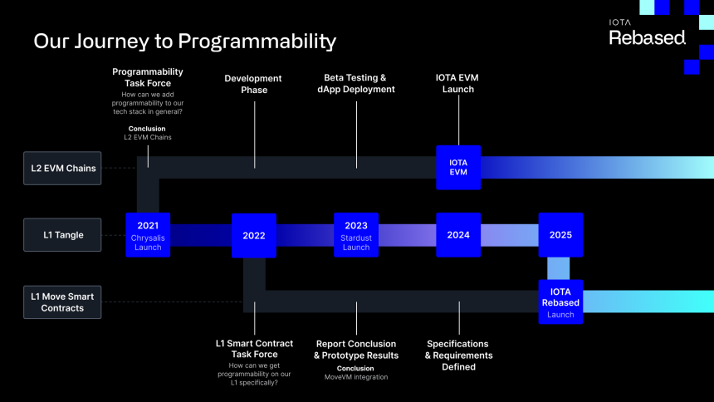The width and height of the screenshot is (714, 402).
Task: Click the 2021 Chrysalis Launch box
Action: (148, 235)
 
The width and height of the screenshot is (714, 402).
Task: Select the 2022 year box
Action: (254, 235)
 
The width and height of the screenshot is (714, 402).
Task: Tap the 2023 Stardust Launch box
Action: (356, 235)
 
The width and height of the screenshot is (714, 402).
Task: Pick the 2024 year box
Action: (458, 235)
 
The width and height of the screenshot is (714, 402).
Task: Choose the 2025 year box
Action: (560, 235)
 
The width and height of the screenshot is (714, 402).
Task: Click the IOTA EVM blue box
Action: (458, 167)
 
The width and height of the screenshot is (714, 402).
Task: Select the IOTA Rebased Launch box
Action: (560, 302)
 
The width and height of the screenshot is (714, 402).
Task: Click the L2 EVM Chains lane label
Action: (62, 169)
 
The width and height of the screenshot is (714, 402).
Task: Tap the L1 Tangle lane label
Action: (62, 235)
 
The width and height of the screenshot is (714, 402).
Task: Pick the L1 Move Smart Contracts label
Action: (62, 302)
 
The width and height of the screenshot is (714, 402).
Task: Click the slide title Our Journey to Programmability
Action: (184, 41)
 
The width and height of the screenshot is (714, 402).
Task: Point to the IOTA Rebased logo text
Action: (647, 34)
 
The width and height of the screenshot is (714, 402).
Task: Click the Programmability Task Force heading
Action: (148, 77)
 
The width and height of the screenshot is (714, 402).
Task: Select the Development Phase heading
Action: (253, 84)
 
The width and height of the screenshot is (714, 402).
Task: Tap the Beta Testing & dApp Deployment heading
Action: (356, 84)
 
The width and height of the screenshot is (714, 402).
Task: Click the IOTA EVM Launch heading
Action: (458, 84)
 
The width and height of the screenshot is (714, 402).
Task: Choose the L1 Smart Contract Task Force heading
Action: (254, 349)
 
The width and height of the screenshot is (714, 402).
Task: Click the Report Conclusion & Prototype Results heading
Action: (356, 349)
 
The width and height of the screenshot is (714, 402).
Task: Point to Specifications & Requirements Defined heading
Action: (458, 355)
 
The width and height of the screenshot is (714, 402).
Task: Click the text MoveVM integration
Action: (356, 377)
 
